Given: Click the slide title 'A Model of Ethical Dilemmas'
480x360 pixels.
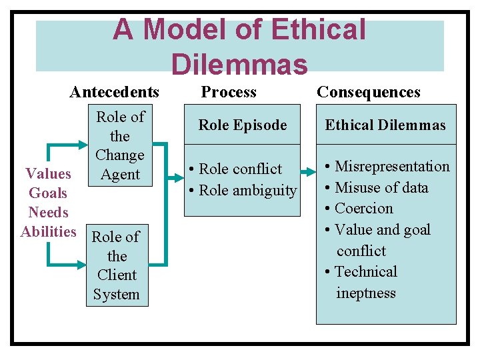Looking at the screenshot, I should click(239, 46).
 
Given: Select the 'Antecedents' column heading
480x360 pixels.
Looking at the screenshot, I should click(115, 92).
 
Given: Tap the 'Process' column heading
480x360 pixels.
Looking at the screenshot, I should click(229, 92).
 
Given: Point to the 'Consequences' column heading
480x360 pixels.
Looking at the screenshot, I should click(369, 92).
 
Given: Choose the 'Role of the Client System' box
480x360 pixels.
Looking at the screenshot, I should click(117, 265).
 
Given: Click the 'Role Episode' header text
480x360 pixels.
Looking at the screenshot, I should click(243, 125).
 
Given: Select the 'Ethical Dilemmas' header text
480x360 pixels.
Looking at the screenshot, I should click(385, 125).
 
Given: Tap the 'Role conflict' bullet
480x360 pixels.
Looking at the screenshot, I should click(239, 169).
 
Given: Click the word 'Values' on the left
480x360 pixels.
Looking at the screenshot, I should click(48, 174).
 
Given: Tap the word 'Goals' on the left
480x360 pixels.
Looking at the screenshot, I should click(48, 193).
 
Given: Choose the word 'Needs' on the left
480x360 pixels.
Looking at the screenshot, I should click(48, 213).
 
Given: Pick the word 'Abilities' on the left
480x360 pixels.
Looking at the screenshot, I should click(49, 232).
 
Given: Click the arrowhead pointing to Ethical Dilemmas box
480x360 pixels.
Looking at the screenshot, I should click(311, 171).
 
